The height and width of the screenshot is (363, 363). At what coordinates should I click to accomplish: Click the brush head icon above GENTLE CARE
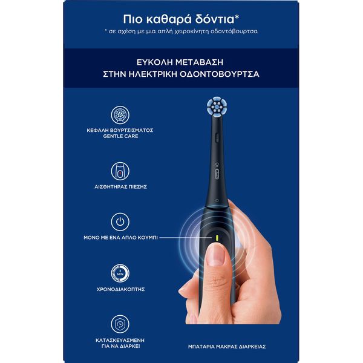click(120, 115)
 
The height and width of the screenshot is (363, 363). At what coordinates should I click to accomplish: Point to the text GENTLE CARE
click(120, 136)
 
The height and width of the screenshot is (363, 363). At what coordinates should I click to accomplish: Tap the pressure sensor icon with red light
click(120, 171)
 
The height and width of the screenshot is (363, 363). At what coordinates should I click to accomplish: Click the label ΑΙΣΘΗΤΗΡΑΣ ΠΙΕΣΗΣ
click(120, 186)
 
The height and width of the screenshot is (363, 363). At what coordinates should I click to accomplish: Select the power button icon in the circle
click(120, 222)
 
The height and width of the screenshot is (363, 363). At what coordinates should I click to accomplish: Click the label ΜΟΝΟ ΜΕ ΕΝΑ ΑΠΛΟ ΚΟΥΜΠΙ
click(120, 238)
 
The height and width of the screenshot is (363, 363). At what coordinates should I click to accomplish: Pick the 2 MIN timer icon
click(120, 273)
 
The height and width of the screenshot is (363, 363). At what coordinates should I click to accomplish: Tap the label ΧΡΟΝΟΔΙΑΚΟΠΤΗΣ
click(120, 289)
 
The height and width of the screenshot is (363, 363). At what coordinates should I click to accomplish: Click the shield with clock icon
click(120, 324)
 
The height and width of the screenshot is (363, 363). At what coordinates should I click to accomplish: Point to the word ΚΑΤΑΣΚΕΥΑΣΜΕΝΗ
click(120, 340)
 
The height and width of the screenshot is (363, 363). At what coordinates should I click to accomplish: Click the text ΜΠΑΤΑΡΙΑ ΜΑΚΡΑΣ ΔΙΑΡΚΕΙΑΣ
click(227, 347)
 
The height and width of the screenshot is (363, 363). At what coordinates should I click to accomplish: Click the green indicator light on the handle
click(217, 238)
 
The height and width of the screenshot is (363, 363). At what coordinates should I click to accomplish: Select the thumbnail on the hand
click(216, 255)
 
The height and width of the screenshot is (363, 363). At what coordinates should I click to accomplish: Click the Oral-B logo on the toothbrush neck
click(217, 174)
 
